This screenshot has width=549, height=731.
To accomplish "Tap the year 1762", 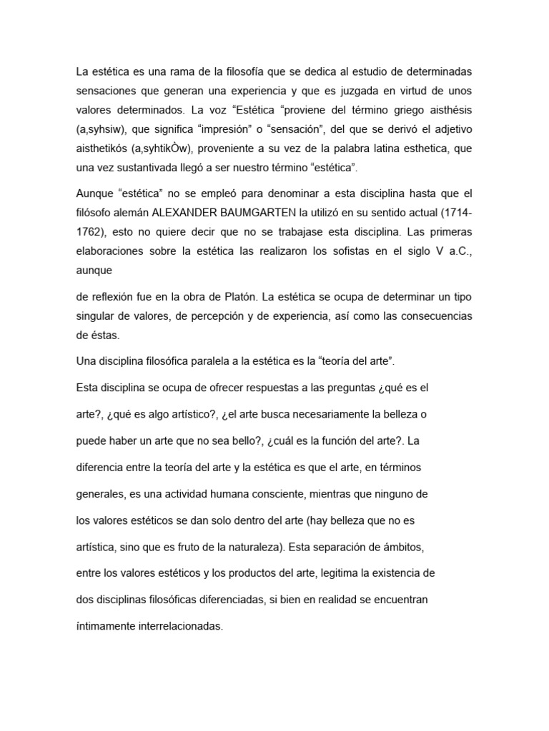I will pos(89,232).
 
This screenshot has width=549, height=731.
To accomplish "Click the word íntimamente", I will pos(111,627).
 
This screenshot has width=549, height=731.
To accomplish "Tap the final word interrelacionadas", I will pos(186,627).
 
